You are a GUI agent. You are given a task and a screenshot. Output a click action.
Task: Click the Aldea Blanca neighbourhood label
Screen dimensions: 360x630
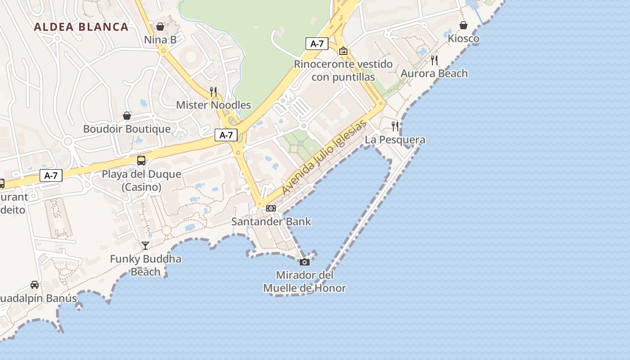click(81, 27)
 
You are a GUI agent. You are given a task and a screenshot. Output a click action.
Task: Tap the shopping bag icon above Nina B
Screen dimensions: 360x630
click(160, 27)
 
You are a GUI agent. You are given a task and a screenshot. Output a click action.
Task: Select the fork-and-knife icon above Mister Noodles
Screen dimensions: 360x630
click(213, 92)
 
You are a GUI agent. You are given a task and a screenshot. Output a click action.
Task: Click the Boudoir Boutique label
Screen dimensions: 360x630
click(127, 129)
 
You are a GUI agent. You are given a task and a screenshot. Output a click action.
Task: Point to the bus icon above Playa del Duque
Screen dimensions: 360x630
click(141, 161)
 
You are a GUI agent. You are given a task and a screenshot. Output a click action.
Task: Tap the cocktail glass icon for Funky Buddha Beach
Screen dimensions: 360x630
click(145, 245)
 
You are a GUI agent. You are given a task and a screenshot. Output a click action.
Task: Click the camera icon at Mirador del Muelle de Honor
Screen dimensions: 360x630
click(305, 261)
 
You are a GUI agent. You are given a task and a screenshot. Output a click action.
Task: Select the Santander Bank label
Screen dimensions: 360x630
click(271, 221)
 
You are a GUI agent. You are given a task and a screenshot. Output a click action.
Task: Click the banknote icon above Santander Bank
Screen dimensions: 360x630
click(271, 208)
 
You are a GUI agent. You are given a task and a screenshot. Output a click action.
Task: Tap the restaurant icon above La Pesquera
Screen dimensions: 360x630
click(395, 126)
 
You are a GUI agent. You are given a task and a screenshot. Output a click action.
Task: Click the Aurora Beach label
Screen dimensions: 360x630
click(434, 73)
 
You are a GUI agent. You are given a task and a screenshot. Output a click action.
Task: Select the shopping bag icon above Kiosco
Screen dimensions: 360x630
click(463, 25)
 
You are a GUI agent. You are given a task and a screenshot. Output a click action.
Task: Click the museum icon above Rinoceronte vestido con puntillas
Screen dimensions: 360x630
click(343, 51)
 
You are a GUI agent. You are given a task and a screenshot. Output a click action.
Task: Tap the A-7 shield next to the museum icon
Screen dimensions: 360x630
click(317, 44)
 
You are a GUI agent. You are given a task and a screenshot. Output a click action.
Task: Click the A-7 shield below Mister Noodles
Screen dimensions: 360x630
click(226, 135)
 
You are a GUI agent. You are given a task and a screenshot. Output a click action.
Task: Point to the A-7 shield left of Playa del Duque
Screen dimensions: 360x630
click(51, 175)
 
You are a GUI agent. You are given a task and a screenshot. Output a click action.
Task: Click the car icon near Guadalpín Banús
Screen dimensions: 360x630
click(35, 284)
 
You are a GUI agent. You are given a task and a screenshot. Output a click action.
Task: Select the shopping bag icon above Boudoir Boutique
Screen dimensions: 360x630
click(127, 116)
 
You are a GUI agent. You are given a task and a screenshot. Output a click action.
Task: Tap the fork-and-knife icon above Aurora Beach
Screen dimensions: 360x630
click(434, 60)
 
